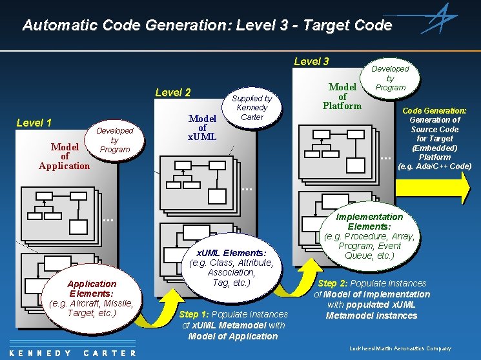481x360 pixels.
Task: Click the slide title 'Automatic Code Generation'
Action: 207,25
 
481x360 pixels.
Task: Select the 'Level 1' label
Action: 34,123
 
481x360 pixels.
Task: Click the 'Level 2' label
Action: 173,92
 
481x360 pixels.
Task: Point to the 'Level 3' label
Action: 311,61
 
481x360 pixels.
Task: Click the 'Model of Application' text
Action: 65,156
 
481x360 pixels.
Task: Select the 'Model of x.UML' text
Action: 202,128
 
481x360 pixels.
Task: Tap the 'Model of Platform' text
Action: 342,96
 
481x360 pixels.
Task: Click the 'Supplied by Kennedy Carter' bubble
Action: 252,108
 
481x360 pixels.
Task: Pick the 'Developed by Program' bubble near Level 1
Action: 115,140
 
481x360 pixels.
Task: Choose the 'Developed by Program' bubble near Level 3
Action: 391,77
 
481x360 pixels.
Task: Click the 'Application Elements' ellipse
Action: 92,298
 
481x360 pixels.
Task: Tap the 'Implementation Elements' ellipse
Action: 369,236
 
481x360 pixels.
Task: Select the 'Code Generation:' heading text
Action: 434,111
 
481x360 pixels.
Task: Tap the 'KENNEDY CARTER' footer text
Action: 72,353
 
